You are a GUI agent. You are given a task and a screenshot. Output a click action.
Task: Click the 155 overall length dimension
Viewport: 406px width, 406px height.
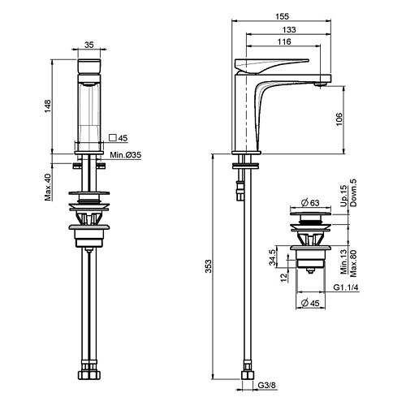pyautogui.click(x=283, y=16)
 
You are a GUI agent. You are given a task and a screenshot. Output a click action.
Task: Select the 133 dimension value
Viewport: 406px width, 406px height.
pyautogui.click(x=289, y=29)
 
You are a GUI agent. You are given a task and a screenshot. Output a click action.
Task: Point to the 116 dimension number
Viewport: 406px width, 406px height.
pyautogui.click(x=284, y=41)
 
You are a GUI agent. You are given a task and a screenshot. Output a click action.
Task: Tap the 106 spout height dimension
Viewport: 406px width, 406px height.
pyautogui.click(x=339, y=119)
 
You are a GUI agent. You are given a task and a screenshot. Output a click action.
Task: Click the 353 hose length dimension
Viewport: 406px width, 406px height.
pyautogui.click(x=208, y=266)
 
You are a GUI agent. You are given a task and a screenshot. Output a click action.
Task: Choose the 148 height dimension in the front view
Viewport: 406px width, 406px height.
pyautogui.click(x=48, y=106)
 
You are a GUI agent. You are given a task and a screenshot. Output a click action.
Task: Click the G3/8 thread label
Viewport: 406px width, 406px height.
pyautogui.click(x=266, y=385)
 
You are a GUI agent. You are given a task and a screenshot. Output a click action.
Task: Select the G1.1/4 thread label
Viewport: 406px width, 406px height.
pyautogui.click(x=346, y=287)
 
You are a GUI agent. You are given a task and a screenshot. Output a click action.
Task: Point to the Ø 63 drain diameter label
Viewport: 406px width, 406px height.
pyautogui.click(x=310, y=202)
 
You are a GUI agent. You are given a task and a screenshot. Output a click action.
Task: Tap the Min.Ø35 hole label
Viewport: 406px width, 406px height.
pyautogui.click(x=126, y=155)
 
